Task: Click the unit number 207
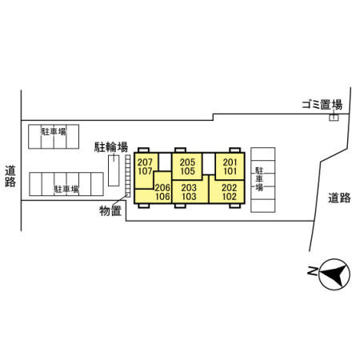click(145, 162)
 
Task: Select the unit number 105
click(187, 171)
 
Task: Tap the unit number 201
click(230, 162)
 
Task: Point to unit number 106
click(162, 197)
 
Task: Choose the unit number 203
click(189, 188)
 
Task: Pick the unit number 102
click(230, 197)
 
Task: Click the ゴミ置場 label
click(322, 104)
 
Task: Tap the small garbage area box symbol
click(334, 118)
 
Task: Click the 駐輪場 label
click(111, 147)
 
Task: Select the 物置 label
click(110, 211)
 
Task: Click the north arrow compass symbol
click(334, 274)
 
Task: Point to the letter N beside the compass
click(312, 270)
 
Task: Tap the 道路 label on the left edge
click(10, 176)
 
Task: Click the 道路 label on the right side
click(339, 198)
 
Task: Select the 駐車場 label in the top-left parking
click(54, 131)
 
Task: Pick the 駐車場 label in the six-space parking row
click(66, 189)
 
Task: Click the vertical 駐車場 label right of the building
click(259, 179)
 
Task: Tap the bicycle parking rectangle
click(114, 170)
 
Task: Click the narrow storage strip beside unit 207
click(128, 176)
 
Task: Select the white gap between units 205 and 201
click(209, 164)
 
